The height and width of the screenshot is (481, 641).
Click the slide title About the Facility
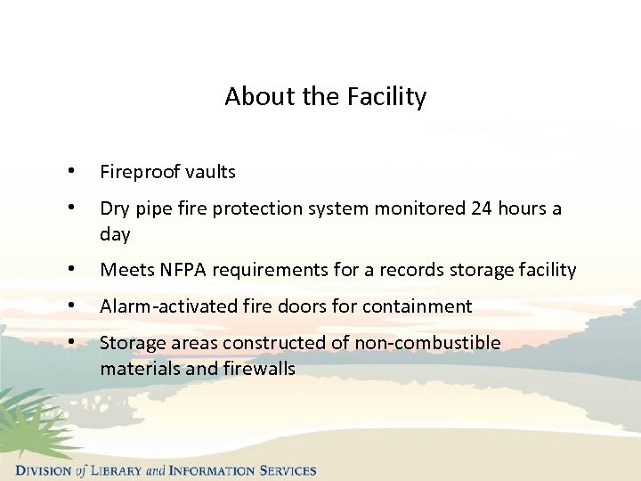click(325, 96)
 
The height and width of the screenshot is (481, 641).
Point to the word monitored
click(418, 208)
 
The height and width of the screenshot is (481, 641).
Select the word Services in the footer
click(284, 470)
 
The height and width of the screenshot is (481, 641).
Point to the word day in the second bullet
click(115, 235)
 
